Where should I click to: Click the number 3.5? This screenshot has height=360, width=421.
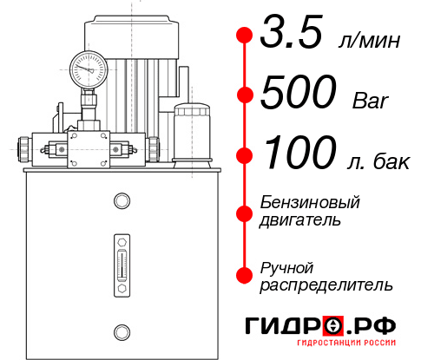[x=294, y=36]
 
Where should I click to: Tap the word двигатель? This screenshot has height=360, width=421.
[x=299, y=219]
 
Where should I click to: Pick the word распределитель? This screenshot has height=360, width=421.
[x=326, y=285]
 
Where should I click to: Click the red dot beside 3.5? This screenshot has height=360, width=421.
[x=245, y=36]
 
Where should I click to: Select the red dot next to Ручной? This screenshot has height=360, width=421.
[x=245, y=275]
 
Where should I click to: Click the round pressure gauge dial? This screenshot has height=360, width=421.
[x=89, y=68]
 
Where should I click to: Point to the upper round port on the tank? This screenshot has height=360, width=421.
[x=121, y=202]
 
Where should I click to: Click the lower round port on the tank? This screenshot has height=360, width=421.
[x=121, y=331]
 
